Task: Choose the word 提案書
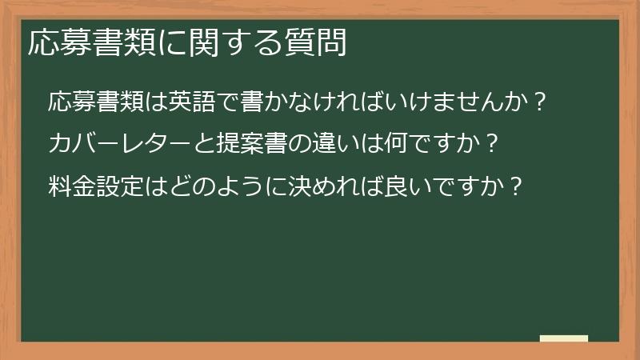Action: [246, 145]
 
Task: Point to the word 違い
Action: [328, 145]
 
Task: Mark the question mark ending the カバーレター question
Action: [493, 145]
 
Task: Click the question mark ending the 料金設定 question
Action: [517, 187]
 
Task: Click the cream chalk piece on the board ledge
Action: [564, 339]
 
